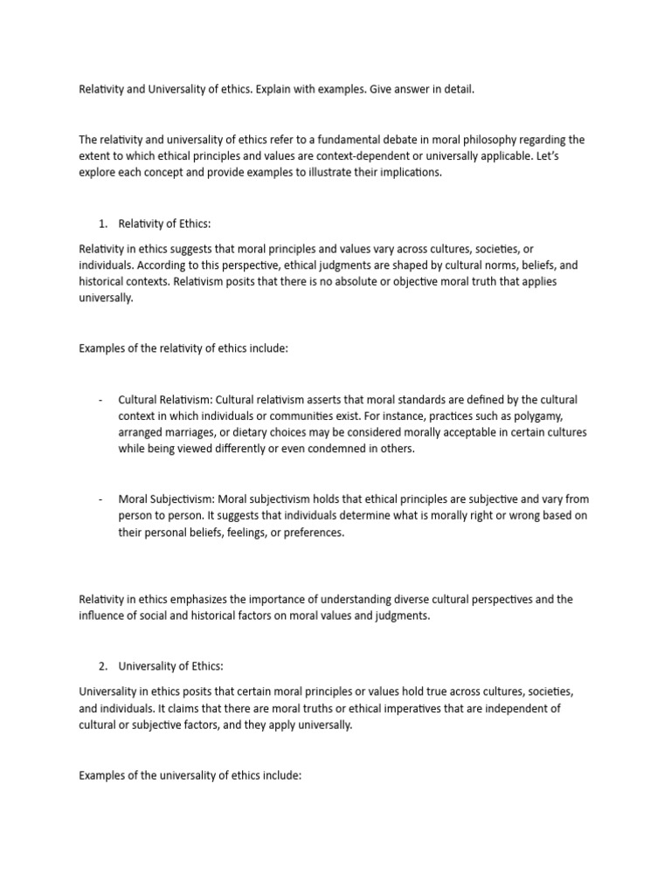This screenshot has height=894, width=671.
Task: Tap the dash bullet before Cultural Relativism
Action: [101, 400]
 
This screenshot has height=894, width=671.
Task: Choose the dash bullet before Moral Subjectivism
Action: [101, 499]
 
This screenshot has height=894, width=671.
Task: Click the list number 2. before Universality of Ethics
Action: [103, 664]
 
